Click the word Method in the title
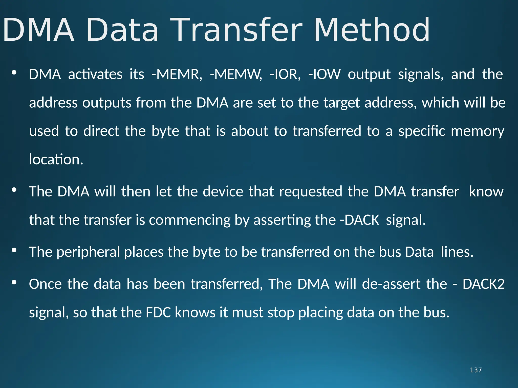372,30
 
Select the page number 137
476,370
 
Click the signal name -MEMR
177,75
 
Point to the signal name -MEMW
236,75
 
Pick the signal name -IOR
285,75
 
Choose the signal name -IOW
325,75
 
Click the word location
56,160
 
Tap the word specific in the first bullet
422,131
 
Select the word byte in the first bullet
165,131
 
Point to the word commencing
190,220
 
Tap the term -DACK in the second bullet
359,220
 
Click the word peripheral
88,252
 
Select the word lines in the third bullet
457,252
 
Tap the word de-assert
392,284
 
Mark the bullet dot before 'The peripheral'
14,250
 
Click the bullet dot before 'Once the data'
14,282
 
